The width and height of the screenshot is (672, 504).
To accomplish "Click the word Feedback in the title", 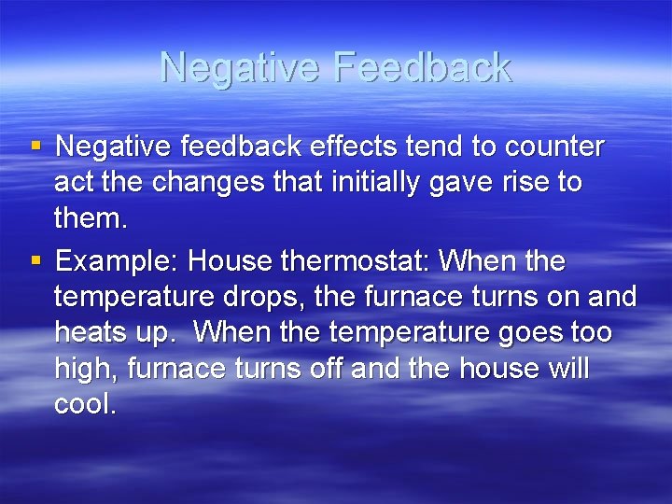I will [x=422, y=68].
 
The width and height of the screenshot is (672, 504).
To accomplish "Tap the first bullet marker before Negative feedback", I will [x=35, y=146].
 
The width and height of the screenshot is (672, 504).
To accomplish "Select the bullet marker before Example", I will [x=35, y=259].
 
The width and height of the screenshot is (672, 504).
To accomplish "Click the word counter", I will [x=554, y=147].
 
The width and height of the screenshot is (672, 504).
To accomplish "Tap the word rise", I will [x=520, y=183].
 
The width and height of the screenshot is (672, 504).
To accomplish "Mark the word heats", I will [x=91, y=332].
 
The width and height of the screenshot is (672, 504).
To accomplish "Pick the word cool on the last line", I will [x=85, y=405].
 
